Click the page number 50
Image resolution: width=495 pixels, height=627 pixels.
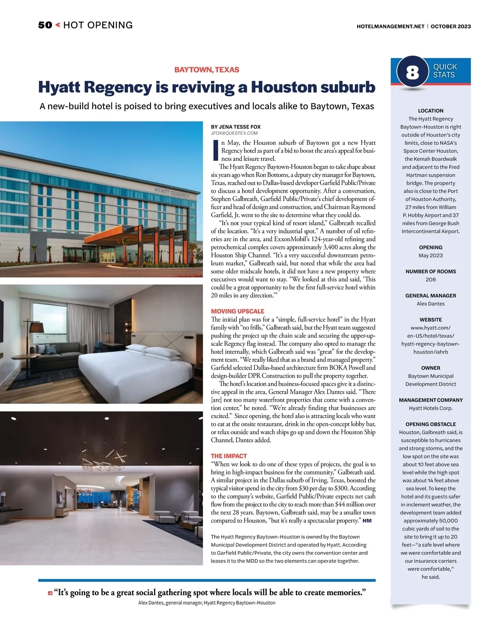45,25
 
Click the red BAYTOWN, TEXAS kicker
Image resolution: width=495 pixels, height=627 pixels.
207,70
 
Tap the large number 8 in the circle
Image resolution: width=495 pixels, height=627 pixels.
412,73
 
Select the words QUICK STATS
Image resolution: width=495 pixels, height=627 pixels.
445,71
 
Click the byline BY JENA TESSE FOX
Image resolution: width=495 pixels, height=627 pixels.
236,127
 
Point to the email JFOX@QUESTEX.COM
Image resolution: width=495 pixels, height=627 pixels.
234,133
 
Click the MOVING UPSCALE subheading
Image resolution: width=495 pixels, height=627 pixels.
237,311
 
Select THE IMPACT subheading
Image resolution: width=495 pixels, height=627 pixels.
229,456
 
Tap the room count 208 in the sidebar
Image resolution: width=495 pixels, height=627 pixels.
431,279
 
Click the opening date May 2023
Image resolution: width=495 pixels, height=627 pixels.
431,255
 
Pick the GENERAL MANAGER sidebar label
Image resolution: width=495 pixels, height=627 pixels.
431,296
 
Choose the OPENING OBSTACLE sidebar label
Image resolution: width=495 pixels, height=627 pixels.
431,424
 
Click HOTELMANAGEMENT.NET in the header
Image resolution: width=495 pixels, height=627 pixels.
390,26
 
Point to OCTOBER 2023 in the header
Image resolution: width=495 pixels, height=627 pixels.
451,26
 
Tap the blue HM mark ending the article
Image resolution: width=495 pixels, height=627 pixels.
367,521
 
